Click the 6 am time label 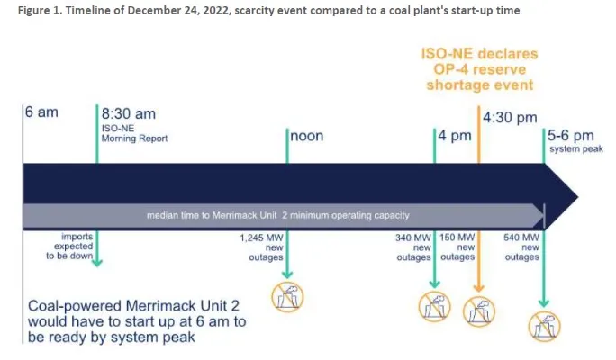tap(41, 112)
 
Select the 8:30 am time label tap(129, 113)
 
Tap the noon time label tap(307, 136)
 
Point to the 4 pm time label tap(455, 136)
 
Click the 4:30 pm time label tap(510, 117)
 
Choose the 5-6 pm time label tap(570, 135)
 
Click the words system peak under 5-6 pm tap(576, 149)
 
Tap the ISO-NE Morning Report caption tap(134, 133)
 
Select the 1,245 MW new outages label tap(262, 247)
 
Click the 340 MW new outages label tap(413, 247)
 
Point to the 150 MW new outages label tap(457, 247)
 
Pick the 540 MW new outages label tap(521, 247)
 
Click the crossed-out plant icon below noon tap(287, 297)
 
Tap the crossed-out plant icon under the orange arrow tap(478, 311)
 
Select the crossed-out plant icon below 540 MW tap(544, 326)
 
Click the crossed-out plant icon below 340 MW tap(434, 307)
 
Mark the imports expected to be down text tap(69, 247)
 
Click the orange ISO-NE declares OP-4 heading tap(480, 69)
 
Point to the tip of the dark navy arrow tap(578, 197)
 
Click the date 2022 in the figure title tap(213, 11)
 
